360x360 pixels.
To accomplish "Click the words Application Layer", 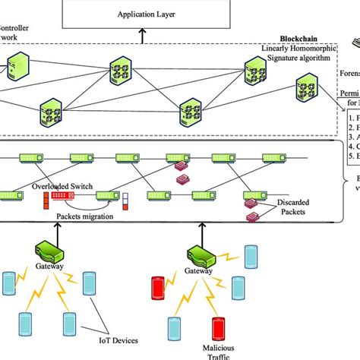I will (144, 14).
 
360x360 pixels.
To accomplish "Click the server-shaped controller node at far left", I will (15, 68).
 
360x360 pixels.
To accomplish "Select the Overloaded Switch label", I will (63, 185).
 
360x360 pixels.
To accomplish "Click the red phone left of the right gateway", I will (159, 288).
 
